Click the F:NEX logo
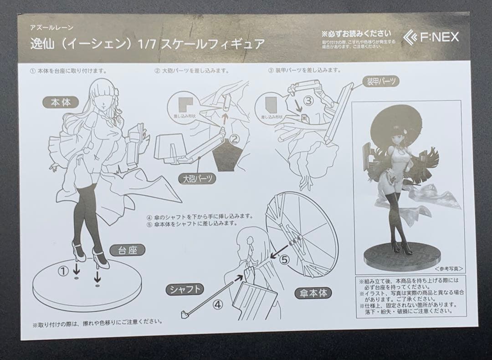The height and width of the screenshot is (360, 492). (430, 37)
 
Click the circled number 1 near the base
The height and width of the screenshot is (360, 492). (63, 271)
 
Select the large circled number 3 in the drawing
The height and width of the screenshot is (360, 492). (308, 101)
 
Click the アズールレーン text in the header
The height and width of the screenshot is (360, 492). (51, 28)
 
